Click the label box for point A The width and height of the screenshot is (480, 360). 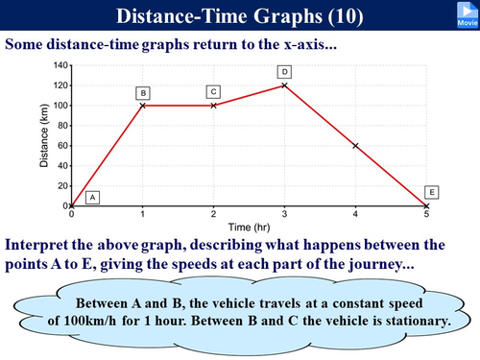[93, 197]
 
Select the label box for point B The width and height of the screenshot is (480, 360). [143, 92]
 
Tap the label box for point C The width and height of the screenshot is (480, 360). [214, 91]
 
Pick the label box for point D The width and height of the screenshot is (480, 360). [285, 72]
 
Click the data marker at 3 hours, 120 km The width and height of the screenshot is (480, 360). [285, 85]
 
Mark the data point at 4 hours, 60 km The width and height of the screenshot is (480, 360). [356, 146]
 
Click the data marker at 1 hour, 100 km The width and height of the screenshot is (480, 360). [143, 106]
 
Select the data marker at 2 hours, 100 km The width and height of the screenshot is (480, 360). [214, 106]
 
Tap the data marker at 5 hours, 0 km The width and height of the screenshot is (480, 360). [427, 205]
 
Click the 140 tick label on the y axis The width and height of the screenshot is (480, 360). [59, 65]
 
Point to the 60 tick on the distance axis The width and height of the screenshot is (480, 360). [61, 146]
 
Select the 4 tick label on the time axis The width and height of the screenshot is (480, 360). [356, 214]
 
